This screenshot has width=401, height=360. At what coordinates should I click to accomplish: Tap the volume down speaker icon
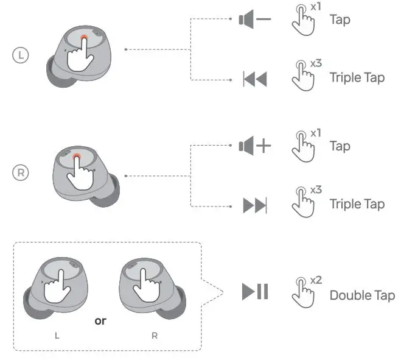coord(254,20)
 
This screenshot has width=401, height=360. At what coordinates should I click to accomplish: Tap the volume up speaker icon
coord(254,146)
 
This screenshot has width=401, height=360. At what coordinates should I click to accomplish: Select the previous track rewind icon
coord(254,79)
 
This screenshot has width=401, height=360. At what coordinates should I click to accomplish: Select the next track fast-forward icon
coord(254,206)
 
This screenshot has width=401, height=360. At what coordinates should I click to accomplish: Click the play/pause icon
coord(255,292)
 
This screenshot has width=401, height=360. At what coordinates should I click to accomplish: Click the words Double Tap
coord(361,295)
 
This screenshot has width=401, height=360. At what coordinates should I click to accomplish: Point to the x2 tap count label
coord(316,280)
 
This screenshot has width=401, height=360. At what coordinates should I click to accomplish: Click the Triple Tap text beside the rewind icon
coord(357,78)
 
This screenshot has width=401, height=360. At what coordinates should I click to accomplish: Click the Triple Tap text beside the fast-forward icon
coord(357,204)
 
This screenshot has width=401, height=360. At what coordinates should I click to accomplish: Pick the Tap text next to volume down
coord(340,20)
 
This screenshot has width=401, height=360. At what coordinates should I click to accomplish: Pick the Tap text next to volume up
coord(340,146)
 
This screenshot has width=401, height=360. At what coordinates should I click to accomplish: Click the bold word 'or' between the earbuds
coord(100,320)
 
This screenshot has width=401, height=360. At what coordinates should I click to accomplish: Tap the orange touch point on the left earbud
coord(83,40)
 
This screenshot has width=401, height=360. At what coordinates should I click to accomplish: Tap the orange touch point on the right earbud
coord(77,158)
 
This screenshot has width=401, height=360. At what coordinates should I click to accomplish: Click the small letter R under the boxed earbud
coord(154,336)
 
